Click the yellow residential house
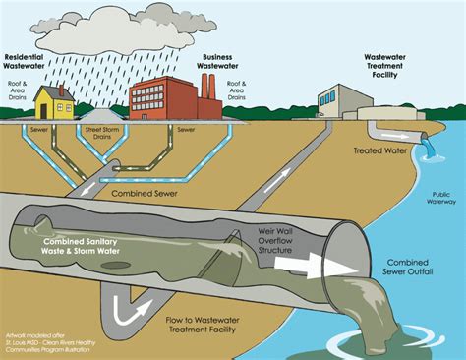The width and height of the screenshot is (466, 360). (x=55, y=102)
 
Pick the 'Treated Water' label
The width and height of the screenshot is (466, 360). (x=377, y=150)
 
